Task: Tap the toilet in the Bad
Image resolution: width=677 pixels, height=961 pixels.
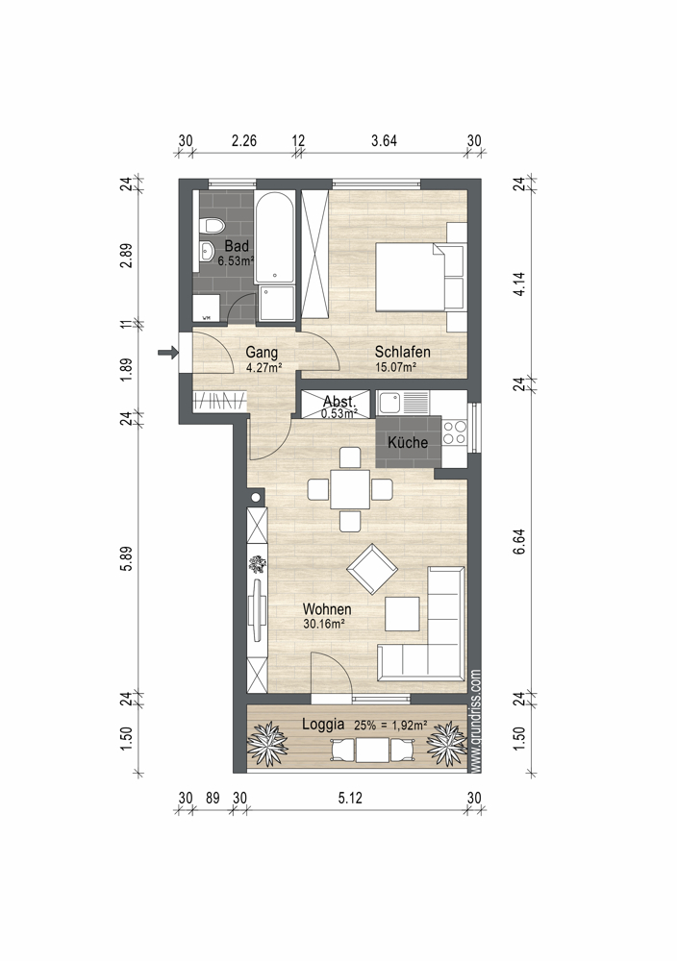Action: pyautogui.click(x=213, y=226)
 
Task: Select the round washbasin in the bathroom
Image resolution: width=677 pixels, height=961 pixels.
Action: pyautogui.click(x=207, y=250)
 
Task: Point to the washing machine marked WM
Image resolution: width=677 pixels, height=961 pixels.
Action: pyautogui.click(x=207, y=308)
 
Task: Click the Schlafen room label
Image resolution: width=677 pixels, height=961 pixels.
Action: pyautogui.click(x=402, y=352)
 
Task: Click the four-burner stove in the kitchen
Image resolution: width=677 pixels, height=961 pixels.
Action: pyautogui.click(x=455, y=432)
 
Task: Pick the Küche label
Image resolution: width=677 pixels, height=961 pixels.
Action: pyautogui.click(x=408, y=442)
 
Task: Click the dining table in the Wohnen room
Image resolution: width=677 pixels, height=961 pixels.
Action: pyautogui.click(x=350, y=489)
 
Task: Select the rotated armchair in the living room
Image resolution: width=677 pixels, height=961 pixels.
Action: pyautogui.click(x=372, y=569)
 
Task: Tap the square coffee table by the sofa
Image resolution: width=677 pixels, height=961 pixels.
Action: pyautogui.click(x=402, y=613)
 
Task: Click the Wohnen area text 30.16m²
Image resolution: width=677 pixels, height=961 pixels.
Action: pyautogui.click(x=324, y=624)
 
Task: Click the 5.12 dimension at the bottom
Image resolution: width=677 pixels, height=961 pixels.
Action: pyautogui.click(x=350, y=798)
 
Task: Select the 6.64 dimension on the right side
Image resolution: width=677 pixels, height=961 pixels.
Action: pyautogui.click(x=519, y=542)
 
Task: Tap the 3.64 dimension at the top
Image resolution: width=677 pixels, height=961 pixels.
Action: pyautogui.click(x=384, y=141)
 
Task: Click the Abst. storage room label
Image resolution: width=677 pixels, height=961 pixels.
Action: pyautogui.click(x=339, y=402)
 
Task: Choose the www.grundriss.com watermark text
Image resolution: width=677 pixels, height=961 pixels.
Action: pyautogui.click(x=476, y=720)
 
